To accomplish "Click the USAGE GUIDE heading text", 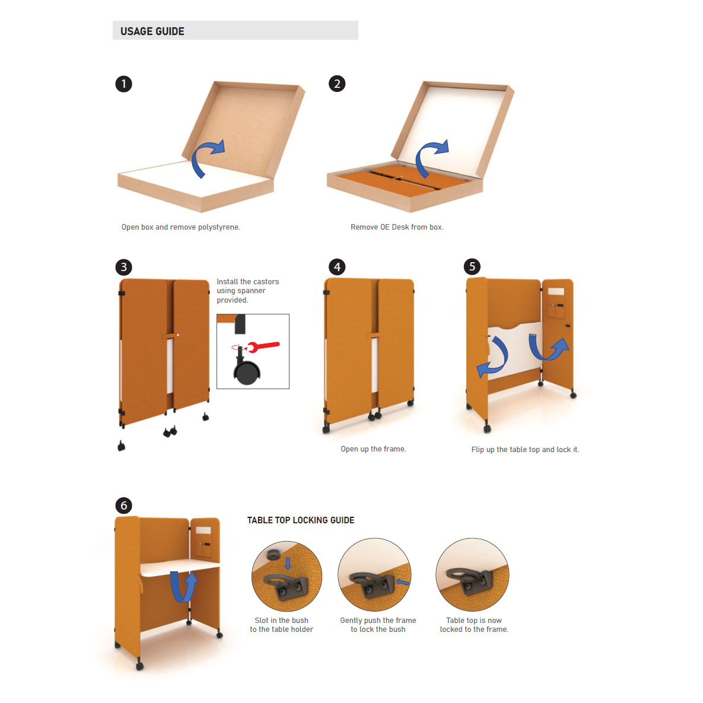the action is point(152,31).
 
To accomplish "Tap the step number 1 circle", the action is point(124,84).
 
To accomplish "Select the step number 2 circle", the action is point(337,84).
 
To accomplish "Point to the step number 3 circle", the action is point(124,267).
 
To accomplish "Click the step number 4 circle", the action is point(337,267).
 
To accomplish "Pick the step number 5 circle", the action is point(472,266).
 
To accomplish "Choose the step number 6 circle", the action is point(124,505).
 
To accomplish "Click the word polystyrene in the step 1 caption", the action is point(219,227).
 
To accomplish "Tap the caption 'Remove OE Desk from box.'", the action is point(397,227).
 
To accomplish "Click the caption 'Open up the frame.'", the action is point(373,448).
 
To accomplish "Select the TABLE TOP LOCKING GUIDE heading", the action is point(301,520).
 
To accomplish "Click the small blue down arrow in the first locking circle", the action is point(288,563).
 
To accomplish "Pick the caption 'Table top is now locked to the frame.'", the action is point(474,625).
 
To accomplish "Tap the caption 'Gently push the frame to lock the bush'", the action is point(378,625).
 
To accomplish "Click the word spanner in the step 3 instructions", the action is point(252,291).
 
